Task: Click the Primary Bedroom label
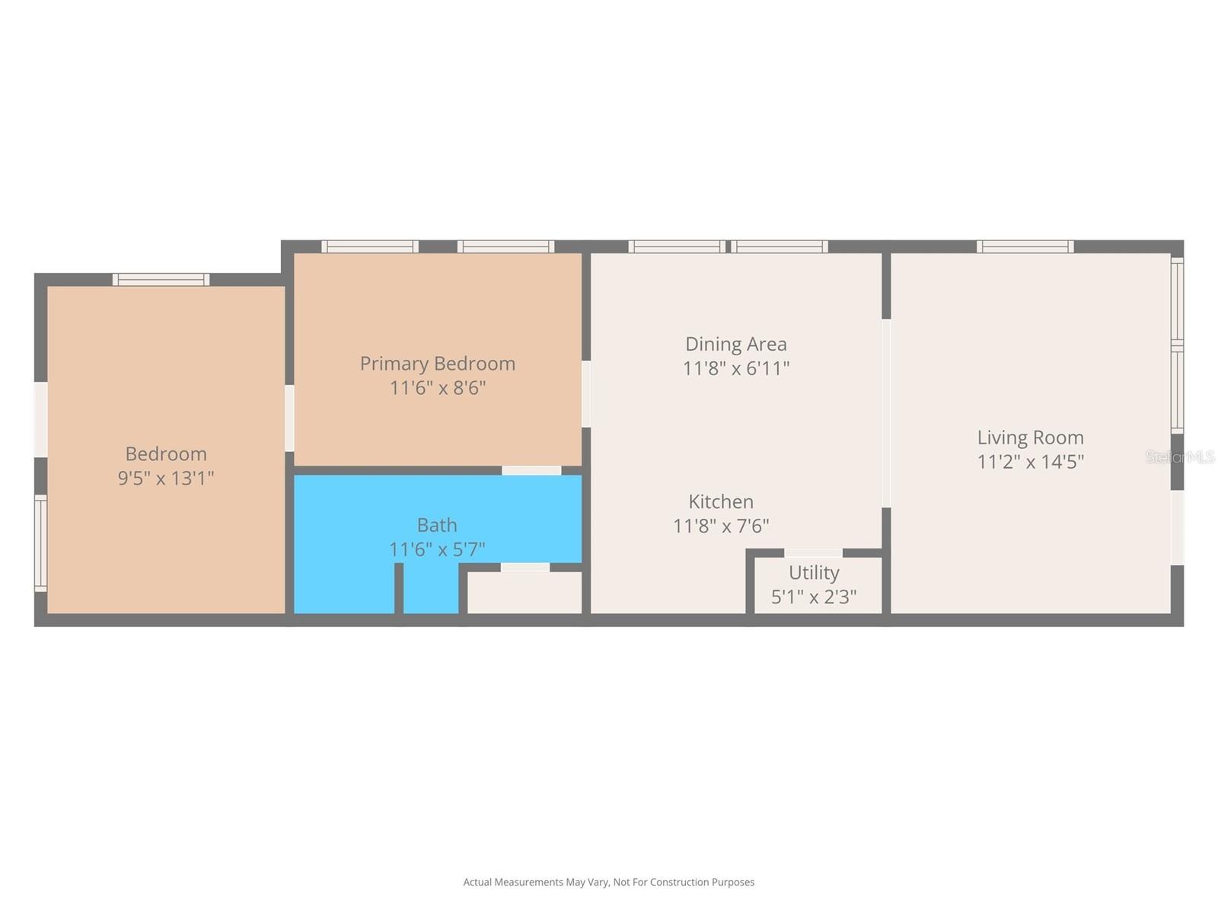pyautogui.click(x=438, y=364)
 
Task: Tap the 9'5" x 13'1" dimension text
pyautogui.click(x=166, y=479)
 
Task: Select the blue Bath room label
pyautogui.click(x=437, y=525)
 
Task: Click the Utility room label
pyautogui.click(x=814, y=573)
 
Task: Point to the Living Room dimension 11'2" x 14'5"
pyautogui.click(x=1030, y=462)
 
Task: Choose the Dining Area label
pyautogui.click(x=735, y=344)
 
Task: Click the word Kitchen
pyautogui.click(x=721, y=501)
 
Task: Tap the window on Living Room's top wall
pyautogui.click(x=1025, y=247)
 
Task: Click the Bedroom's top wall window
pyautogui.click(x=161, y=280)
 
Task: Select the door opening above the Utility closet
pyautogui.click(x=813, y=553)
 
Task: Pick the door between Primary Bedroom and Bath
pyautogui.click(x=531, y=470)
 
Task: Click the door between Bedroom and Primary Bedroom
pyautogui.click(x=289, y=418)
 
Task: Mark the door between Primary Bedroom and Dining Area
pyautogui.click(x=586, y=393)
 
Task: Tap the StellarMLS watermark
pyautogui.click(x=1180, y=456)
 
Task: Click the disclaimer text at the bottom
pyautogui.click(x=608, y=883)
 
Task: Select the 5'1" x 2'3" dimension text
pyautogui.click(x=814, y=597)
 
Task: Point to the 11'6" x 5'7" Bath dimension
pyautogui.click(x=437, y=549)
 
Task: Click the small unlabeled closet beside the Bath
pyautogui.click(x=524, y=593)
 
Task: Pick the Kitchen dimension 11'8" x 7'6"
pyautogui.click(x=721, y=526)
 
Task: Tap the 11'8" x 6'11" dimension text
pyautogui.click(x=735, y=368)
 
